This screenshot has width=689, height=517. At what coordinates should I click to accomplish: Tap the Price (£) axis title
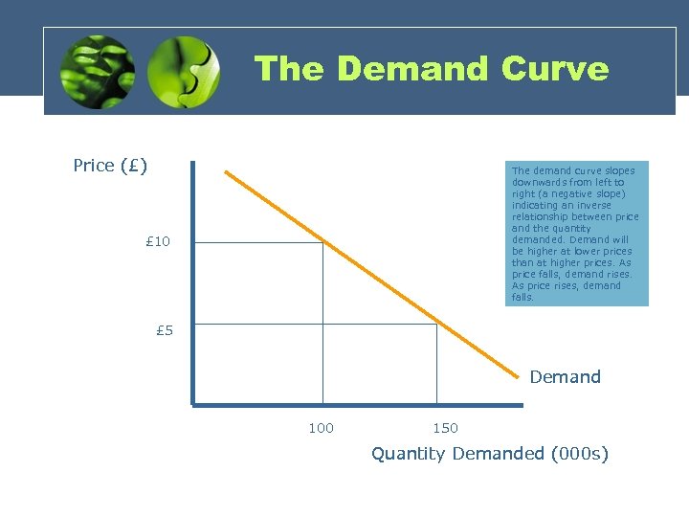110,166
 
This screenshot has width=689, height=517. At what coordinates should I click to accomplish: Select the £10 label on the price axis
157,241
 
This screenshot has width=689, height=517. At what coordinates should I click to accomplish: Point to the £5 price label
165,331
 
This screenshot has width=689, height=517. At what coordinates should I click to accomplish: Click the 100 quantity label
321,428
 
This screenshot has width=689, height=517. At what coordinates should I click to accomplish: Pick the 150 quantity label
445,428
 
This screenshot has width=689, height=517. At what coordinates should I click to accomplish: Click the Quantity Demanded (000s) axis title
489,454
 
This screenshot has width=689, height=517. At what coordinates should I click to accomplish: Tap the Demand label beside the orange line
565,377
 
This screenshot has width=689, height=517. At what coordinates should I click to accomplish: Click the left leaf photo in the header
97,73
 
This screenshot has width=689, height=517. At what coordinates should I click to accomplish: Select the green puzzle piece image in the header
185,73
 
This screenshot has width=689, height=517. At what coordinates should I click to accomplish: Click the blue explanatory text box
576,234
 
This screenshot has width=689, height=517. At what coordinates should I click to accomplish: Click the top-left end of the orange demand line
227,172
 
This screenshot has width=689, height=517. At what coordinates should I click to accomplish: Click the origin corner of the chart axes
192,404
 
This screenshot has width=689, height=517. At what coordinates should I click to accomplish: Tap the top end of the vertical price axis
192,163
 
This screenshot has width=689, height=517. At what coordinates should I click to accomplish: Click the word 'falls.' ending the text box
522,298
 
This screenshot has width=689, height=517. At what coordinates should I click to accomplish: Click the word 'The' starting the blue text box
522,170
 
